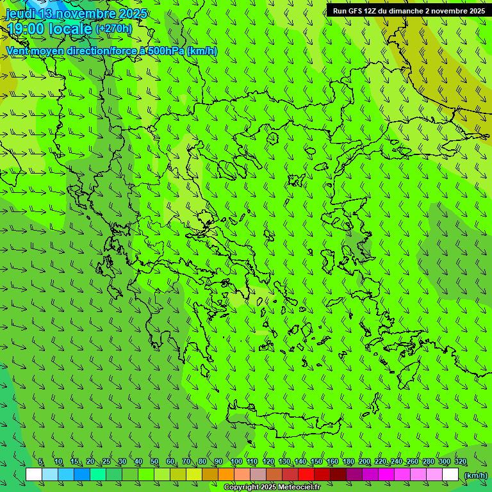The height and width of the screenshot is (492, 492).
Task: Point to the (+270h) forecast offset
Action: click(x=113, y=28)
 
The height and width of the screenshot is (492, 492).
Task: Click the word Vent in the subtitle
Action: click(x=18, y=51)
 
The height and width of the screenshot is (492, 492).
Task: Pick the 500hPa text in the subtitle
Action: click(x=166, y=51)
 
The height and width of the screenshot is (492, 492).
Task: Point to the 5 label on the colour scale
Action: click(x=40, y=462)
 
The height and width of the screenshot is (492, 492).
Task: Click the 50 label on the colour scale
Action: click(x=154, y=462)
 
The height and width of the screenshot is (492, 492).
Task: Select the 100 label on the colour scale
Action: click(x=236, y=462)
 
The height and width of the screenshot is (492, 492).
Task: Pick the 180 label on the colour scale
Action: click(x=348, y=462)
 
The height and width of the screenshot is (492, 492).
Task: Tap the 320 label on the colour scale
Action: click(x=460, y=462)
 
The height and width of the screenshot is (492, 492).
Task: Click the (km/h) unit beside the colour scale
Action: click(x=475, y=475)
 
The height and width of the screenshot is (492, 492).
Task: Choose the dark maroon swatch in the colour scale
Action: click(x=338, y=475)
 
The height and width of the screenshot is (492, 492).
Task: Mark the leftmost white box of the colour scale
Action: click(x=34, y=475)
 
